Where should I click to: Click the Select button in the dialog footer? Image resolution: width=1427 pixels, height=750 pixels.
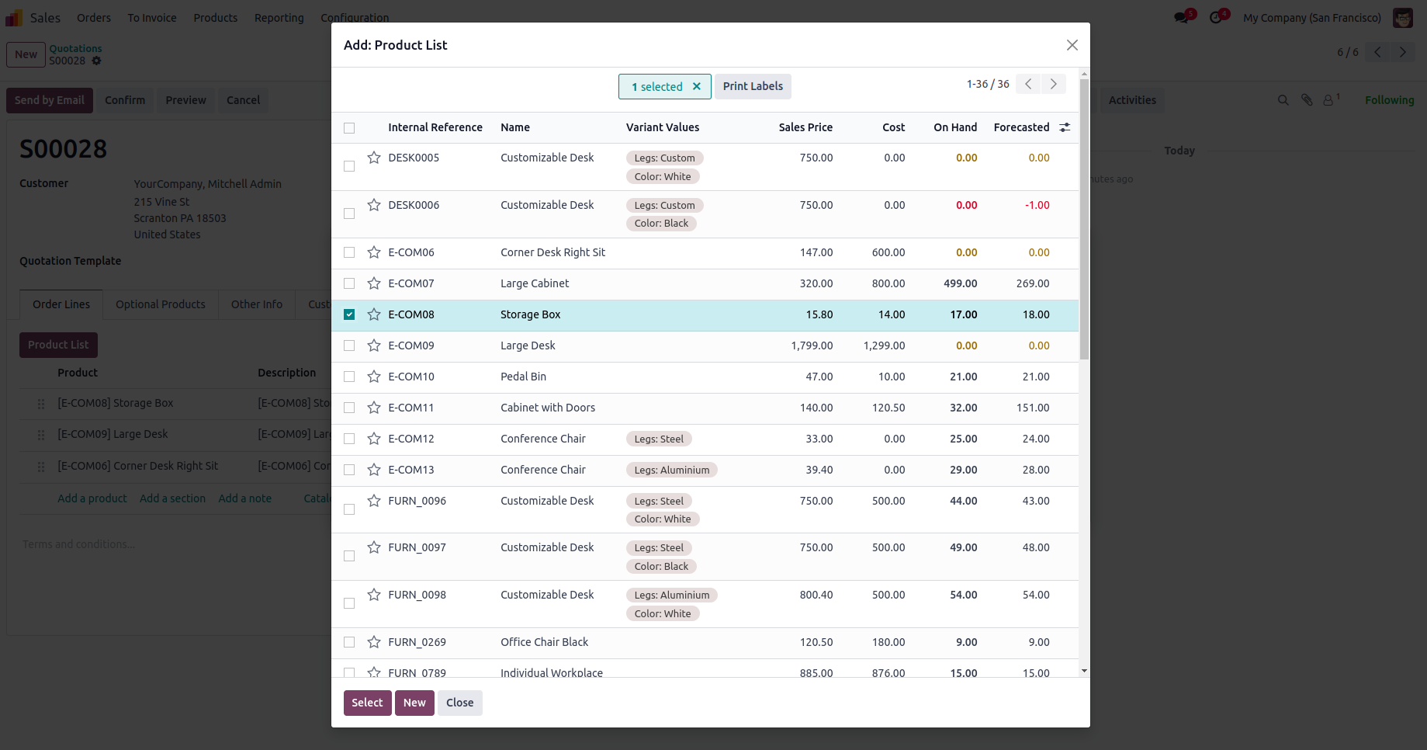pyautogui.click(x=367, y=703)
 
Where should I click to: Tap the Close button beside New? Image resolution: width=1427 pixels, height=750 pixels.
pyautogui.click(x=459, y=703)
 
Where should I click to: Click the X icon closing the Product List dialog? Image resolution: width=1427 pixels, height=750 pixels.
pyautogui.click(x=1072, y=45)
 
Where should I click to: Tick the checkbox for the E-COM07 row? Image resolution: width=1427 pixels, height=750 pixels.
pyautogui.click(x=349, y=283)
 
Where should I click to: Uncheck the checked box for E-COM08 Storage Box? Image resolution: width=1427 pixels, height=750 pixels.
pyautogui.click(x=349, y=314)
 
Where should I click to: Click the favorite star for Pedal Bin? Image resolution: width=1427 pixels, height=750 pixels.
pyautogui.click(x=374, y=377)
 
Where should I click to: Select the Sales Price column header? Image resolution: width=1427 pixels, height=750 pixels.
pyautogui.click(x=805, y=127)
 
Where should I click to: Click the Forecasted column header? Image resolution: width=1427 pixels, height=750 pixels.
pyautogui.click(x=1021, y=127)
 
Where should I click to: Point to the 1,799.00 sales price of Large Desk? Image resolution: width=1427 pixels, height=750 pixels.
pyautogui.click(x=812, y=345)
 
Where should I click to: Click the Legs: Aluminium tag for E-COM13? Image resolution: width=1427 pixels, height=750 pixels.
pyautogui.click(x=671, y=470)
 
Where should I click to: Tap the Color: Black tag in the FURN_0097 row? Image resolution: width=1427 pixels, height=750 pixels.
pyautogui.click(x=661, y=566)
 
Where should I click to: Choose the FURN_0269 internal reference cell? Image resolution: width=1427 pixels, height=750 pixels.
pyautogui.click(x=417, y=642)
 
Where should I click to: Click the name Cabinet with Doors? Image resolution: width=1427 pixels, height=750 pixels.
pyautogui.click(x=548, y=408)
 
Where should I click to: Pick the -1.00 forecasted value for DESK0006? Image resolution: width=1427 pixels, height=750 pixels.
pyautogui.click(x=1037, y=205)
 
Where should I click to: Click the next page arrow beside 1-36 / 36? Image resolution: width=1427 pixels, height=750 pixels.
pyautogui.click(x=1053, y=84)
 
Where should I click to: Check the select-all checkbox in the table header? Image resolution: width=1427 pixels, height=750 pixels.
pyautogui.click(x=349, y=128)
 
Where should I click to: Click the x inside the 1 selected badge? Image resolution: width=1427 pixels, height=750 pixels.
pyautogui.click(x=697, y=87)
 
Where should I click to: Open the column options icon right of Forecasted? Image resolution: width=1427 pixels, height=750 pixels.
pyautogui.click(x=1065, y=127)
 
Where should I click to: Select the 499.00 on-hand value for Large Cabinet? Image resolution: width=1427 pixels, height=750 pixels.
pyautogui.click(x=960, y=283)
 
